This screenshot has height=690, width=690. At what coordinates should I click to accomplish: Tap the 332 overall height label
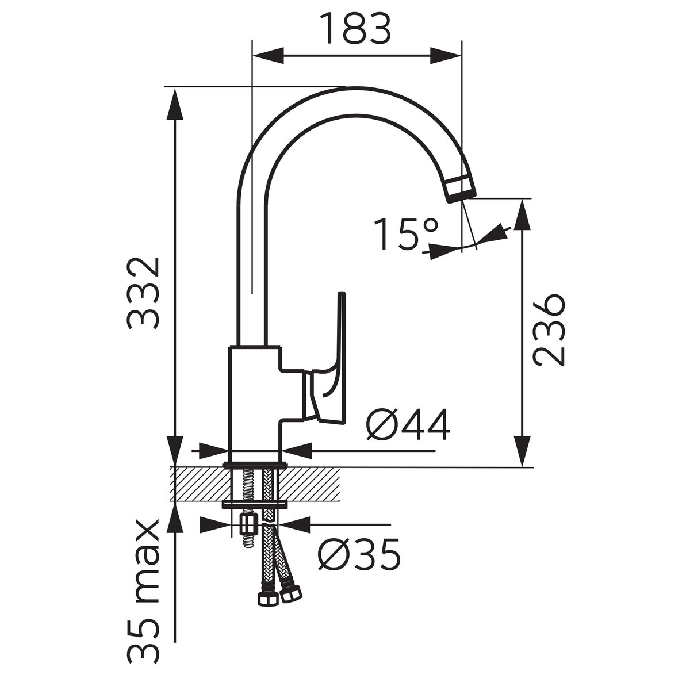[143, 293]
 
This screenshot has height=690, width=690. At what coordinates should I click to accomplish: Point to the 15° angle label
[406, 235]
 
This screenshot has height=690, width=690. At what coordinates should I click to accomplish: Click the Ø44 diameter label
[408, 424]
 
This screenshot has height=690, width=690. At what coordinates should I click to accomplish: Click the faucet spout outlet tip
[461, 189]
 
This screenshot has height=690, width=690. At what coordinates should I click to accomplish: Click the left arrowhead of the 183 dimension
[269, 56]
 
